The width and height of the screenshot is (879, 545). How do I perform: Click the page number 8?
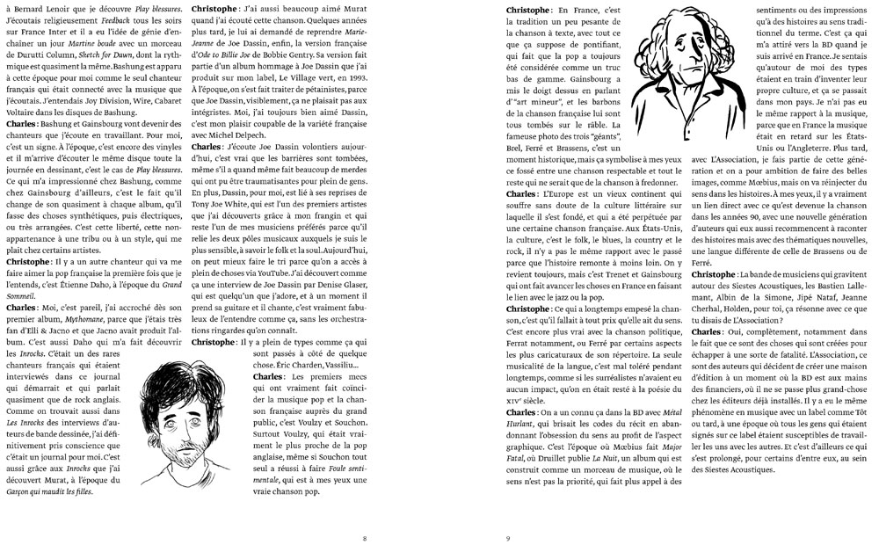click(365, 538)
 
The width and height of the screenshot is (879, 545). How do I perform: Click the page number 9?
click(508, 538)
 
